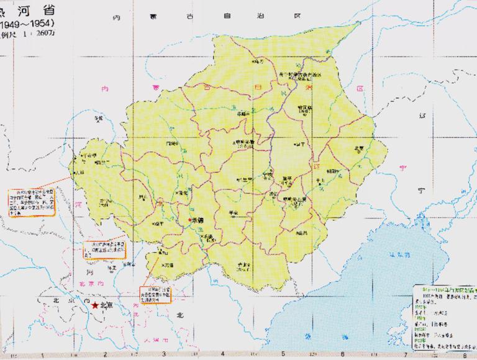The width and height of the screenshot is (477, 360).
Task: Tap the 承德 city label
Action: [x=198, y=220]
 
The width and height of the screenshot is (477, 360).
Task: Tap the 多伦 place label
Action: [x=96, y=117]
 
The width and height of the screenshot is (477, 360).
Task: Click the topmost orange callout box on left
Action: [x=31, y=202]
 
